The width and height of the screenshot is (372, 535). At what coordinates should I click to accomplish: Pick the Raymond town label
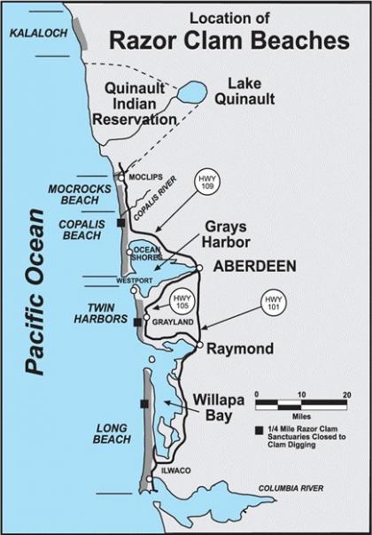240,349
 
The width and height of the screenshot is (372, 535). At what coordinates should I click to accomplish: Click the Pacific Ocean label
36,292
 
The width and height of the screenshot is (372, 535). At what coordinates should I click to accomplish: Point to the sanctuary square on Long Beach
143,405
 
